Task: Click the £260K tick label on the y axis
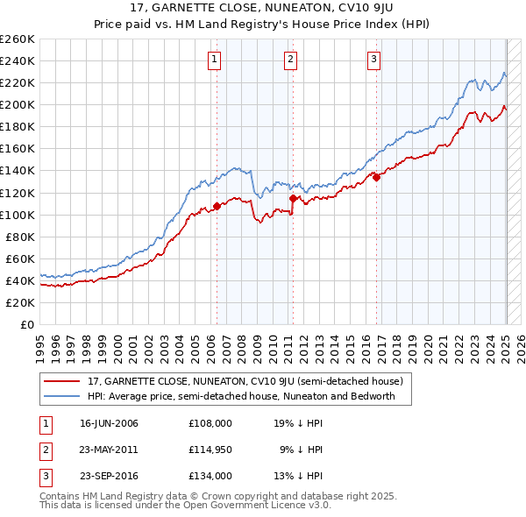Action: (x=18, y=39)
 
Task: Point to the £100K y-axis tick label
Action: (x=18, y=215)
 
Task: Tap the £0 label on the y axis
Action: (x=28, y=324)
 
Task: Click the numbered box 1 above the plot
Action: (x=215, y=60)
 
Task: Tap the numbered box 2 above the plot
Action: (x=290, y=60)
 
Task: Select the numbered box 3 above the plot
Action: (x=373, y=60)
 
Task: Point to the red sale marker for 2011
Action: (x=293, y=199)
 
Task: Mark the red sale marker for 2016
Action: (x=376, y=177)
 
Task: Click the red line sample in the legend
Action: (x=61, y=382)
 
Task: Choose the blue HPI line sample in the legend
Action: (x=61, y=396)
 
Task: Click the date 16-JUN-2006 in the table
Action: (x=109, y=423)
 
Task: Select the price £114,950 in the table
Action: (x=210, y=450)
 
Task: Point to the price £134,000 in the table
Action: (x=210, y=476)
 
